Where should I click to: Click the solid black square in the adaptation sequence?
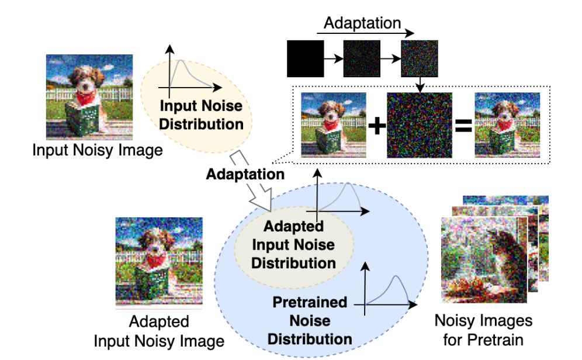click(305, 58)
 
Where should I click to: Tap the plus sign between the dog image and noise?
click(377, 126)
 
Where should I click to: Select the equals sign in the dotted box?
click(463, 126)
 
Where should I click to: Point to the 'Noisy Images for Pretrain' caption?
click(483, 330)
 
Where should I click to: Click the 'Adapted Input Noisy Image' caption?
click(159, 331)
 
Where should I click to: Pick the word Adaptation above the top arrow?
click(362, 23)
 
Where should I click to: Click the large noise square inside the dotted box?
click(420, 126)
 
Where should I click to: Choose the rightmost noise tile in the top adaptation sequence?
click(419, 58)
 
